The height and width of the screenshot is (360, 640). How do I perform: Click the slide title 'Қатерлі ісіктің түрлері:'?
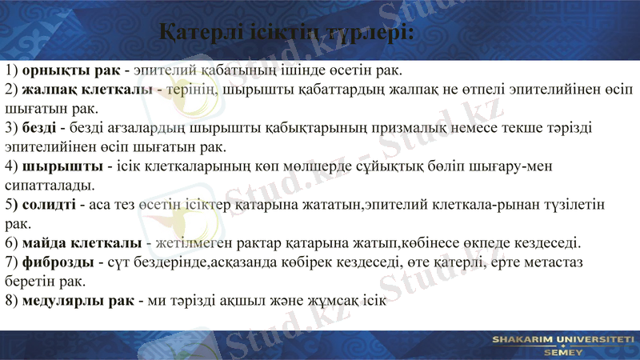point(286,33)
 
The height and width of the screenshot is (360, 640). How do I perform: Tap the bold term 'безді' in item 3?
point(40,128)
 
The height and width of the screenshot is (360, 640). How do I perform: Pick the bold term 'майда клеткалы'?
point(81,243)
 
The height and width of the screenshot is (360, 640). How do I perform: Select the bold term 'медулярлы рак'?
point(78,302)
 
